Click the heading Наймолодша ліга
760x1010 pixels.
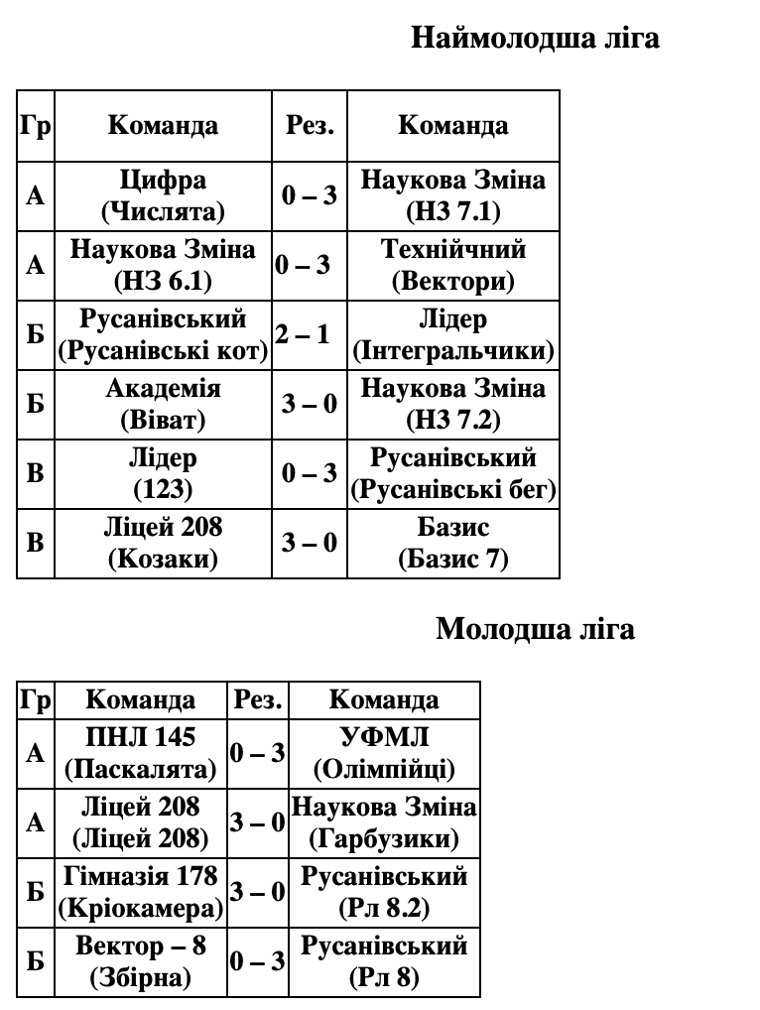(x=535, y=39)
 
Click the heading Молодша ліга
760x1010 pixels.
(x=535, y=629)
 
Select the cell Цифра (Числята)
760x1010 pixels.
(x=163, y=195)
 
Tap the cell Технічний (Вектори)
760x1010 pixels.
(x=453, y=265)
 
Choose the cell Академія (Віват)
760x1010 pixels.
(x=163, y=404)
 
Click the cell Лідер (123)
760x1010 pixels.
(x=163, y=473)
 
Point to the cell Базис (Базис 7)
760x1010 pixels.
(x=453, y=543)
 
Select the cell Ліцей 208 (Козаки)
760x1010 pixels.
(x=163, y=543)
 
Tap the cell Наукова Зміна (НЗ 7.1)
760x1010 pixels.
(x=453, y=195)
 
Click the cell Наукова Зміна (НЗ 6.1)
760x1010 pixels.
(x=163, y=265)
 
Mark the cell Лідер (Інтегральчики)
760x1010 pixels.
(x=453, y=335)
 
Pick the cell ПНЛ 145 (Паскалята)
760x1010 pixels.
(x=141, y=753)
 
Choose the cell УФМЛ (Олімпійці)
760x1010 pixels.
(x=384, y=753)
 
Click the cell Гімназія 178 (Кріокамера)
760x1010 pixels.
(x=141, y=892)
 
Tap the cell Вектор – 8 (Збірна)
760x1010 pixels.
(x=141, y=961)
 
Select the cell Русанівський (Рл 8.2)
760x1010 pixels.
(x=384, y=892)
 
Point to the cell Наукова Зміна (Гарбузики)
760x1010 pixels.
(x=384, y=822)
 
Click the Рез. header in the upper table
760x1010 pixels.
(x=310, y=126)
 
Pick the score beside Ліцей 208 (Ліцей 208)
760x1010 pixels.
(x=257, y=822)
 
